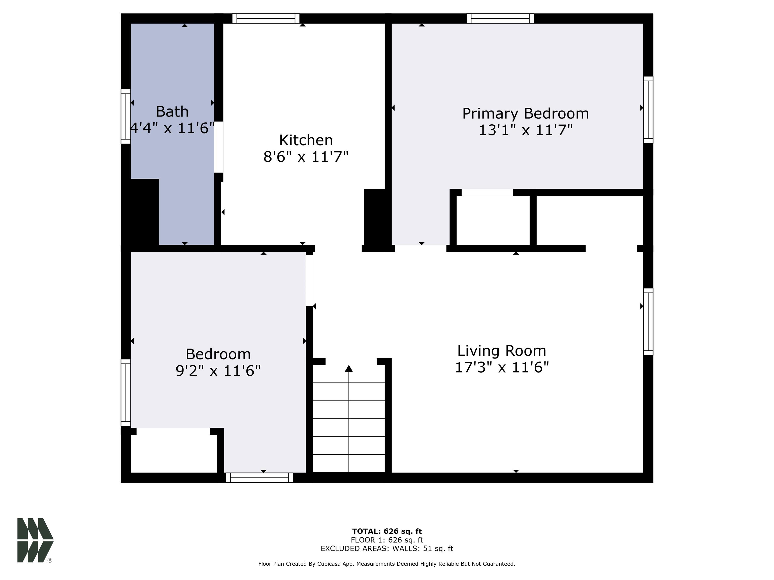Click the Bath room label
coord(172,112)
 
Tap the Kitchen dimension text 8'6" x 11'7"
coord(306,157)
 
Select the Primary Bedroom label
coord(525,114)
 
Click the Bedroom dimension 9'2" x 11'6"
coord(218,371)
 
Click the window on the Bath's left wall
coord(126,116)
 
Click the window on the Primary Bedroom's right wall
coord(648,110)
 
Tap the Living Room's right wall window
coord(648,322)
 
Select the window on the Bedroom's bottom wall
coord(259,478)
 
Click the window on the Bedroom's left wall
coord(126,393)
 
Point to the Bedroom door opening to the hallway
coord(309,280)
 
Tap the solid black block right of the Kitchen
coord(374,217)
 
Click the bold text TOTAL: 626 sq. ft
coord(387,531)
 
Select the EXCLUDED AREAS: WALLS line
coord(387,548)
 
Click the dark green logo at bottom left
coord(35,540)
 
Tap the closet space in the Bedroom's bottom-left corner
coord(174,450)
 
